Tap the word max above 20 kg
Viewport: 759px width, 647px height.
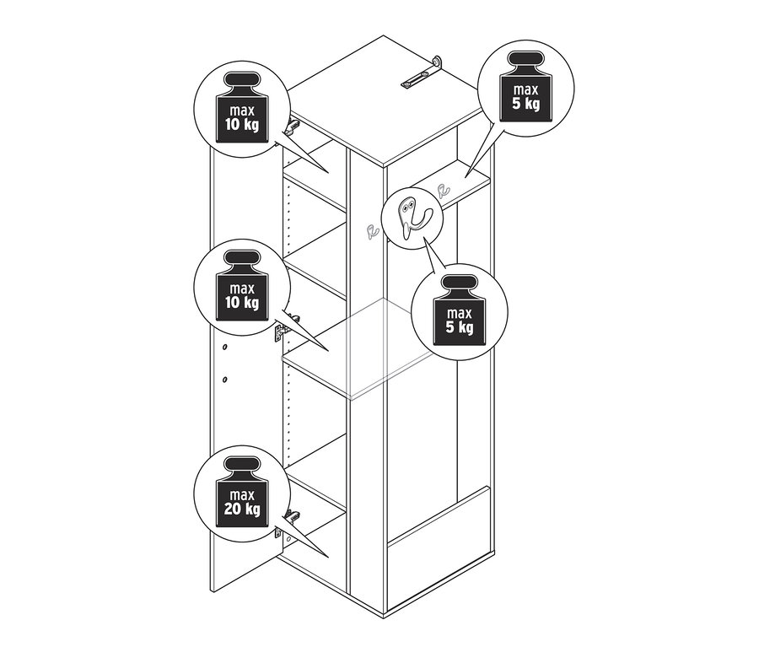pos(242,495)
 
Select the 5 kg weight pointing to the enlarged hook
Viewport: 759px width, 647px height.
pos(460,310)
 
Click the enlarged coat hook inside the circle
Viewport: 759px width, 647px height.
pos(411,218)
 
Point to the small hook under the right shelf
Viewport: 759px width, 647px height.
pos(441,189)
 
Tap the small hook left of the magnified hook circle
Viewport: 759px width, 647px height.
pos(372,231)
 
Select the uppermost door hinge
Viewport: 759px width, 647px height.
pos(292,127)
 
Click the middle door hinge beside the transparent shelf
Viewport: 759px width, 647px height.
pos(285,327)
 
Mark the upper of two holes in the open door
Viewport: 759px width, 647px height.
pos(224,347)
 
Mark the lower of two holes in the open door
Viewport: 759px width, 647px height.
pos(224,380)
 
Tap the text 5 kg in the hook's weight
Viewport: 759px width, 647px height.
pos(460,327)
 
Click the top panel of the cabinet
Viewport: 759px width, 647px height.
pos(385,100)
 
